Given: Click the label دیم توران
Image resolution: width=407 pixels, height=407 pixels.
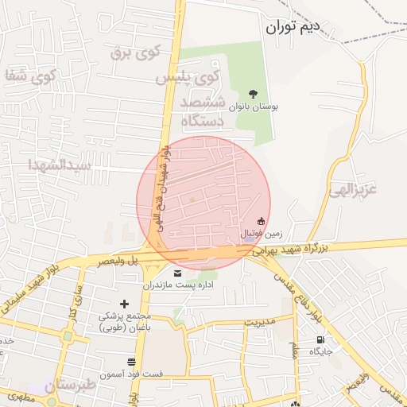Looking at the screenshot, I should (x=292, y=27).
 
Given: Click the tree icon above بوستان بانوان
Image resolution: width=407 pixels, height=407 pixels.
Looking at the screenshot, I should (x=254, y=94).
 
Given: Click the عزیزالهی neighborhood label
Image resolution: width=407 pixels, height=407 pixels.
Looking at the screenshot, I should (x=366, y=190).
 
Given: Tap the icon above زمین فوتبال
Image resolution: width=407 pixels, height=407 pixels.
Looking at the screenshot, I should (x=261, y=221).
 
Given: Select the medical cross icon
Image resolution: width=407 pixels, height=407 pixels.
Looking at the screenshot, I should (x=123, y=304).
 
